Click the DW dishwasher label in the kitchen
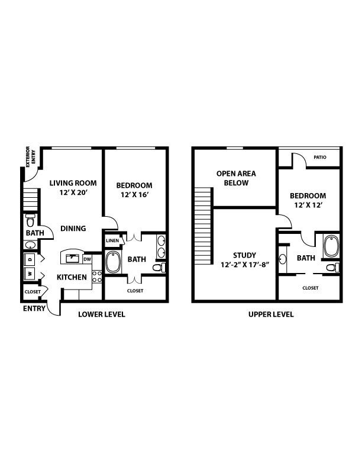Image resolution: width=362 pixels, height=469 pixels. [87, 259]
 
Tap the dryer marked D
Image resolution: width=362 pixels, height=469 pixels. [30, 259]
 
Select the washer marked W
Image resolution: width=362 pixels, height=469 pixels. [30, 274]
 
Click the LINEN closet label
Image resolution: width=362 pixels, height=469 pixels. [112, 240]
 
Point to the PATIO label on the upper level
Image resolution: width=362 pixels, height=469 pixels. [320, 158]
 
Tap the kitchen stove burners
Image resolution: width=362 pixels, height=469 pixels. [97, 277]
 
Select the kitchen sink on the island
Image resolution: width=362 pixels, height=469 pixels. [72, 258]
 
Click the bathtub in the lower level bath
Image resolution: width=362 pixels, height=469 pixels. [113, 262]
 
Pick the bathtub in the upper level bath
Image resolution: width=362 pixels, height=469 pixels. [331, 246]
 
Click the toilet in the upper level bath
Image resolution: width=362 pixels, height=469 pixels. [333, 268]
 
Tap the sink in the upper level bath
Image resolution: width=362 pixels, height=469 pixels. [283, 259]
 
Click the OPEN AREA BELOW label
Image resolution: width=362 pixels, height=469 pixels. [236, 178]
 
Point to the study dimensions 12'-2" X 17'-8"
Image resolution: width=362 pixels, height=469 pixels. [245, 265]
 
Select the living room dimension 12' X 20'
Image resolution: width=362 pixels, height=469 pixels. [73, 192]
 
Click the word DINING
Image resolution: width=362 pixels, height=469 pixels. [73, 229]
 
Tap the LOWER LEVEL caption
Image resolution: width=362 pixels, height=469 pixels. [102, 314]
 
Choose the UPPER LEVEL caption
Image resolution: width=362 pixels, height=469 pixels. [271, 314]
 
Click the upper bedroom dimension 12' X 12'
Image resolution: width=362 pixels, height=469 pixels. [308, 205]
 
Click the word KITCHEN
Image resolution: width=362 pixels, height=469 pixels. [72, 277]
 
